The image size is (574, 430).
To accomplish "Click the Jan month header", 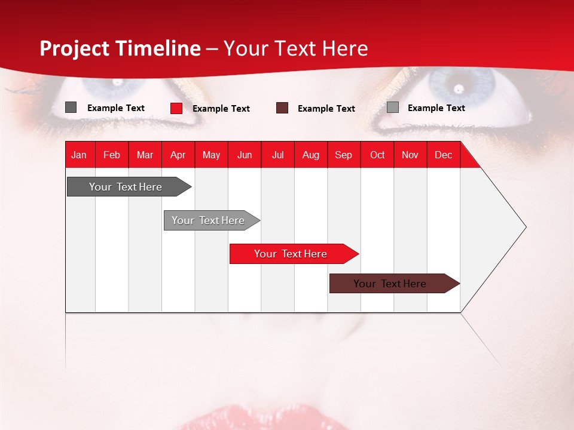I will [80, 155].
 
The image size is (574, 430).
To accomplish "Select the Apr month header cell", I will [178, 155].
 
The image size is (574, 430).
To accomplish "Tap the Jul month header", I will [277, 155].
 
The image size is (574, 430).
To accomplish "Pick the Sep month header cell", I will [343, 155].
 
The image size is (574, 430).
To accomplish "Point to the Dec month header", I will [443, 155].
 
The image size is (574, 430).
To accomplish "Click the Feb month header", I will [112, 155].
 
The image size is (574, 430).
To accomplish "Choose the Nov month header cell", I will [410, 155].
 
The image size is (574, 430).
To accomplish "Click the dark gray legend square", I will [71, 107].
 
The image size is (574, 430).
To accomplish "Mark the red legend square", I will [176, 108].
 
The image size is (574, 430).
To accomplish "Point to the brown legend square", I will [282, 108].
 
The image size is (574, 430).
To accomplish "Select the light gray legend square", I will [392, 107].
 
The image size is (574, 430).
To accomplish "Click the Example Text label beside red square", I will [221, 109].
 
